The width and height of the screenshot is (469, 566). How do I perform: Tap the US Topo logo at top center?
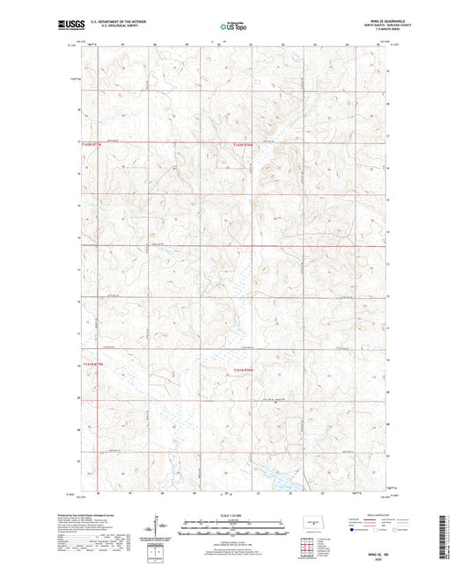coord(234,27)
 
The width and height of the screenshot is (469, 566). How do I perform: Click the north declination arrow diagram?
coord(187,527)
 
